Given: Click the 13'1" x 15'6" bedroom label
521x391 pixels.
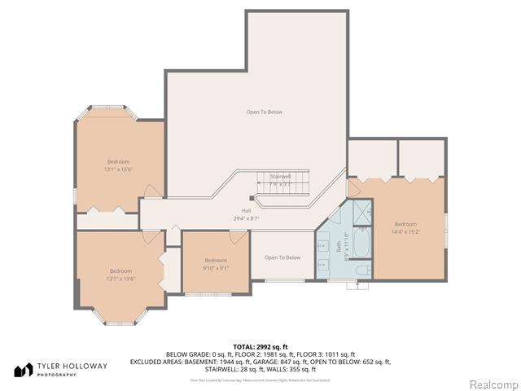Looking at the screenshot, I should click(x=117, y=165).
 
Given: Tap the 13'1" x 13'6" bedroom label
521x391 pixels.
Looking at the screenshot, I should click(x=120, y=275).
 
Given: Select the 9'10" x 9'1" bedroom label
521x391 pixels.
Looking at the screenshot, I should click(x=215, y=263).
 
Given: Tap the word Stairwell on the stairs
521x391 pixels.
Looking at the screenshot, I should click(x=280, y=177).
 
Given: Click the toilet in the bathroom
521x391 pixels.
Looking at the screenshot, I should click(x=364, y=270).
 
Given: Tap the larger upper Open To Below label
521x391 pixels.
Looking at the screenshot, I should click(x=265, y=112).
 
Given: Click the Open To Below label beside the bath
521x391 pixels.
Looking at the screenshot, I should click(x=282, y=257).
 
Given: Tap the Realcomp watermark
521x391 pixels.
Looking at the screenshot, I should click(x=492, y=384).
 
